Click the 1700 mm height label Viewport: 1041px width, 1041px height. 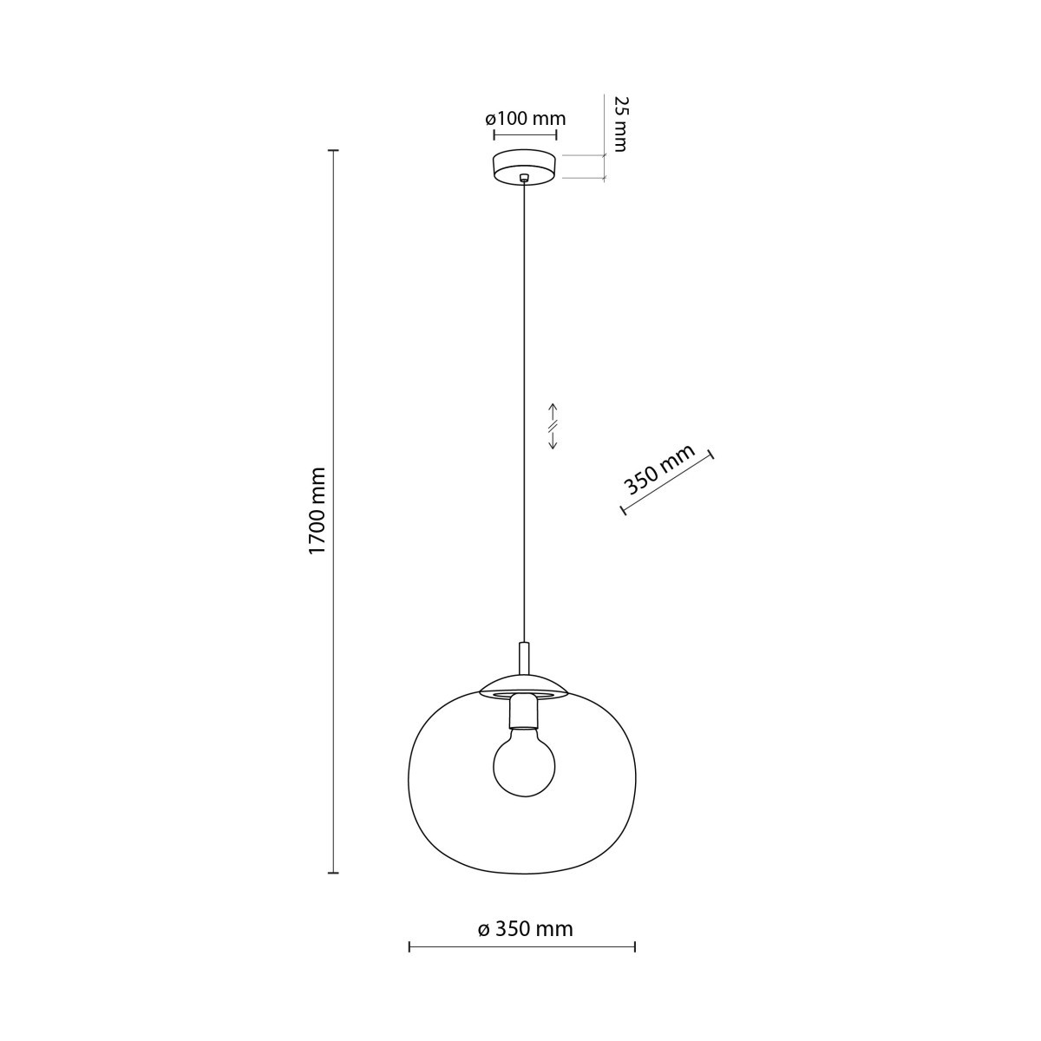[318, 511]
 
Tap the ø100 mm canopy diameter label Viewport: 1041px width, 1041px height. [525, 119]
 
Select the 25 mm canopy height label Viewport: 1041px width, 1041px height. [619, 123]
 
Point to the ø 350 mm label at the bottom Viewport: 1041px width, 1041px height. [525, 929]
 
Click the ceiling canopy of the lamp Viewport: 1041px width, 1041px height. [524, 166]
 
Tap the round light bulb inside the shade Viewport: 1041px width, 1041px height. [524, 763]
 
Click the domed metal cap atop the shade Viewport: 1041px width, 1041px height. [524, 685]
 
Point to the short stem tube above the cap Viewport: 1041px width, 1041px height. [524, 657]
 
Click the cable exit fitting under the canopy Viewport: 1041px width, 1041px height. [524, 180]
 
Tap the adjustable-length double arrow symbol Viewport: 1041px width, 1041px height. [553, 426]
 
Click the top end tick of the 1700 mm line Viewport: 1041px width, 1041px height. [331, 151]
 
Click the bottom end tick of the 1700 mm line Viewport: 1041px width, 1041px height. [331, 872]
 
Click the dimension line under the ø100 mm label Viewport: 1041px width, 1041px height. [525, 135]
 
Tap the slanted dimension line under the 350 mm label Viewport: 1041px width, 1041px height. [667, 482]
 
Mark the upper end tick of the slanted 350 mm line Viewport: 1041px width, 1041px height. [711, 455]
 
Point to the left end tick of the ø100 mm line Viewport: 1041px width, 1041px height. [494, 135]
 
